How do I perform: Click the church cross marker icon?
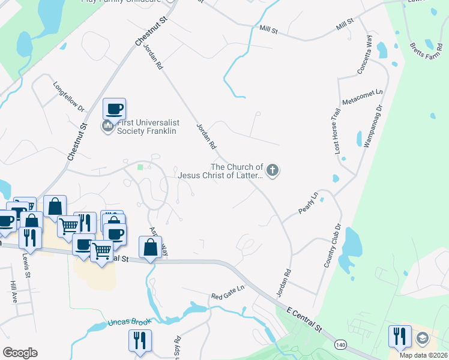coord(273,171)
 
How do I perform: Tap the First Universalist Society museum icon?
coord(108,126)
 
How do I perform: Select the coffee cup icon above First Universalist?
coord(114,109)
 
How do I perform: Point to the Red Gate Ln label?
coord(228,296)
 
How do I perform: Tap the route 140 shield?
coord(340,344)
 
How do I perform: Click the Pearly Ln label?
coord(308,203)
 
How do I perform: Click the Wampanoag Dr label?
coord(373,126)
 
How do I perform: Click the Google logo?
coord(20,352)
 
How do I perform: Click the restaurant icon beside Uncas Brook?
coord(139,340)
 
